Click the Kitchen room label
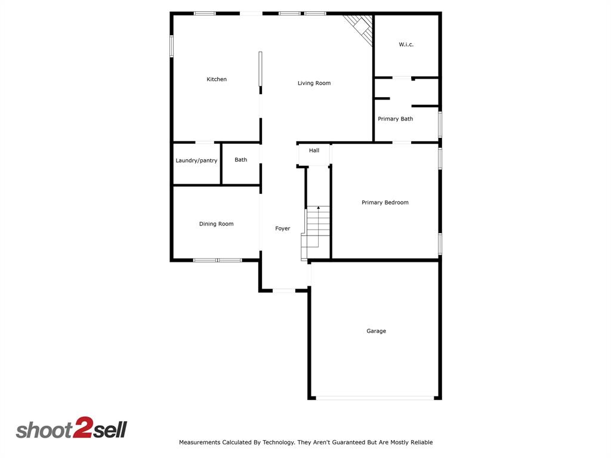217,79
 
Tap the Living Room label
314,83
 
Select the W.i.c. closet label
406,45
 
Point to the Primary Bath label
395,119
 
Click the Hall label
314,150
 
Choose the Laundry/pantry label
196,160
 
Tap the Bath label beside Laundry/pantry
240,160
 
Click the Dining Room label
216,224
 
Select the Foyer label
282,228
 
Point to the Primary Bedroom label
385,202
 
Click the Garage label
376,331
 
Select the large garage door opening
375,398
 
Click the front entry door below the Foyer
284,290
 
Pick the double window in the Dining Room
217,260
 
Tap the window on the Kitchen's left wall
171,46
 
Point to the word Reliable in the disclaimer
420,442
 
